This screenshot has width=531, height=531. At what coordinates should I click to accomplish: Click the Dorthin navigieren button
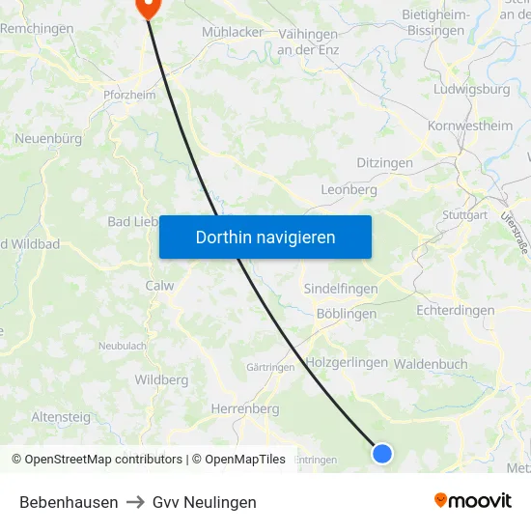[x=265, y=237]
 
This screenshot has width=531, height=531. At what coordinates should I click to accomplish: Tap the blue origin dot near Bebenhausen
[x=382, y=453]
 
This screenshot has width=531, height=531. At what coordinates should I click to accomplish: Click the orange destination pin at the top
[x=148, y=7]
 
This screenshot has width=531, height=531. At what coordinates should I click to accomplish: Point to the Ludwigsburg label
[x=473, y=90]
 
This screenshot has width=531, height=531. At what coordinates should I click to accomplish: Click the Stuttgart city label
[x=464, y=214]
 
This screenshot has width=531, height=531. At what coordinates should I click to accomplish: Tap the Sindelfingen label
[x=340, y=289]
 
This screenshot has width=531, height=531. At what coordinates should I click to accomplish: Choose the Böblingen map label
[x=346, y=314]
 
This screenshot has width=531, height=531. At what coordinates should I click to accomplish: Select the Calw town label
[x=159, y=286]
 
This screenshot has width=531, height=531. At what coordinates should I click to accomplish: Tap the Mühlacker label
[x=233, y=32]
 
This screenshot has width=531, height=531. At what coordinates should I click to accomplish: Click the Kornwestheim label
[x=470, y=126]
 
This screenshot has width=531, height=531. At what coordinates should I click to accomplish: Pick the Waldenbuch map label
[x=431, y=364]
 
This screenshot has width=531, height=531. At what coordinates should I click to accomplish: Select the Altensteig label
[x=61, y=417]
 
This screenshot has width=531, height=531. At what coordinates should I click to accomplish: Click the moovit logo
[x=472, y=500]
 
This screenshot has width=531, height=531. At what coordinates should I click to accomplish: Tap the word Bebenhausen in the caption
[x=69, y=502]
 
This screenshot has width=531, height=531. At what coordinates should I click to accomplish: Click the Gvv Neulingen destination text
[x=205, y=502]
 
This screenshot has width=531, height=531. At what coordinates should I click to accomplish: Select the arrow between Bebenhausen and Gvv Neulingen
[x=135, y=502]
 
